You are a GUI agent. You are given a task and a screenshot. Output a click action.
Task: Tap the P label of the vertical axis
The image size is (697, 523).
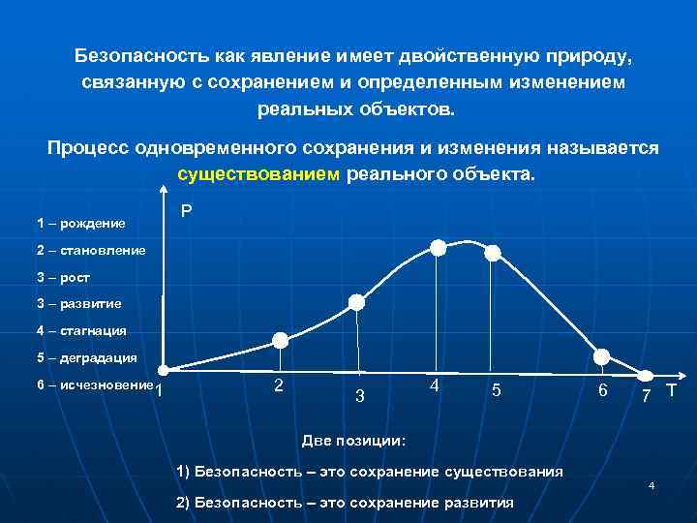coord(186,211)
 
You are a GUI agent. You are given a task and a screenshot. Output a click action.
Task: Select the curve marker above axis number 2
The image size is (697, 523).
coord(281,340)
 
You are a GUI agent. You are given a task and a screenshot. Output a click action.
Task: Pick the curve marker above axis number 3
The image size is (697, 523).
coord(356,302)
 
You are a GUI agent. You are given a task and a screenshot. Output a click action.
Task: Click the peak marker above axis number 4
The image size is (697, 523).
coord(439,248)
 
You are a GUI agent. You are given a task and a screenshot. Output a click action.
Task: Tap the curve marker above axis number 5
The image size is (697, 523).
coord(493,253)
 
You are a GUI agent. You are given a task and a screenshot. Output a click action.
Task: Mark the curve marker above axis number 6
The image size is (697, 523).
coord(602,355)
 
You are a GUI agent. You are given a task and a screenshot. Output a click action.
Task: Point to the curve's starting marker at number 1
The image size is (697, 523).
coord(164,370)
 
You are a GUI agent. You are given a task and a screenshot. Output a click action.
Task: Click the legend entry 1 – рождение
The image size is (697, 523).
coord(81,224)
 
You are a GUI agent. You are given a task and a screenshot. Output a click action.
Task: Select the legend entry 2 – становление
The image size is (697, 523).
coord(91,250)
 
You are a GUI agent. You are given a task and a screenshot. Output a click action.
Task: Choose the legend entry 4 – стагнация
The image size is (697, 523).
coord(81,330)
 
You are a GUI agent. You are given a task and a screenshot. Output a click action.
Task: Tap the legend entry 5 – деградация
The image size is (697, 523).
coord(86,357)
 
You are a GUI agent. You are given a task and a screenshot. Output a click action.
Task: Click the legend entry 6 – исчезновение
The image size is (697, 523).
coord(95,385)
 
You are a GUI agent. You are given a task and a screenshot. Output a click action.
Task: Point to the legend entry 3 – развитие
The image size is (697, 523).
coord(79,303)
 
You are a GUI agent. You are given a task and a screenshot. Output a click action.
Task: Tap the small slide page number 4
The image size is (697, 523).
coord(652,485)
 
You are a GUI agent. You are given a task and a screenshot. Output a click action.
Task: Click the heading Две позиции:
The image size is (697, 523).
coord(354,441)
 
